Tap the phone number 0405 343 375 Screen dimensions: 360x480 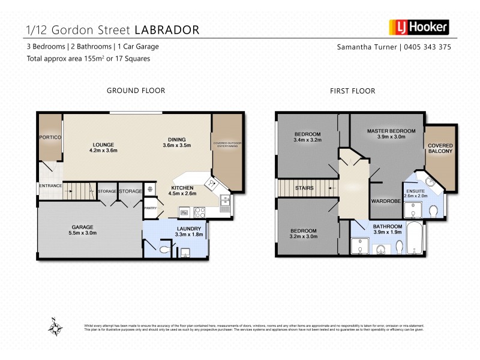coord(427,47)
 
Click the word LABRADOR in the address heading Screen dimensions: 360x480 coord(167,29)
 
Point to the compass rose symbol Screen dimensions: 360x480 coord(56,327)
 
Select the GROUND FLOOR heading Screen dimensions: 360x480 coord(136,91)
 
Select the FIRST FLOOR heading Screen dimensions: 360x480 coord(352,91)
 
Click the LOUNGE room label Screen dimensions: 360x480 coord(103,144)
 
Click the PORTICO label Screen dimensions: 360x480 coord(50,137)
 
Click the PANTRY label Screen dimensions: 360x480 coord(150,208)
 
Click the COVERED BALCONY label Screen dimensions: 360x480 coord(440,148)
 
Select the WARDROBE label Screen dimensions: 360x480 coord(385,201)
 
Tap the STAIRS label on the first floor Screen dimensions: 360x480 coord(304,188)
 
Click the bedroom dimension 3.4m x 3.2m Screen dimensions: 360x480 coord(308,139)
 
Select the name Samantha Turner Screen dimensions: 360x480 coord(367,47)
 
